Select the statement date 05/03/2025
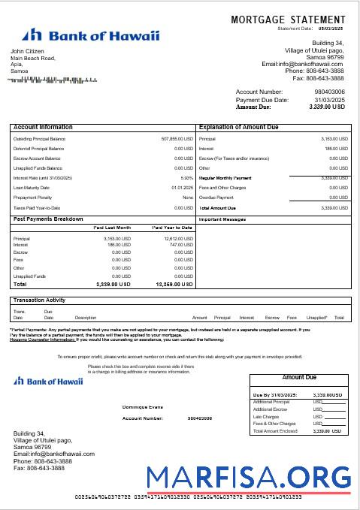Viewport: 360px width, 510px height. click(331, 29)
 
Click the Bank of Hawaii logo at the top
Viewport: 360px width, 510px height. click(90, 35)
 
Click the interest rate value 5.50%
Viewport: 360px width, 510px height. click(187, 178)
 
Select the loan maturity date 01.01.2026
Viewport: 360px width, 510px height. click(183, 188)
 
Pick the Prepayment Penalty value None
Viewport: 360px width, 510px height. click(187, 198)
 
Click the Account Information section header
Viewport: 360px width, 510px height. click(44, 128)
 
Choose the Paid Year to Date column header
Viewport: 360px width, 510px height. click(172, 227)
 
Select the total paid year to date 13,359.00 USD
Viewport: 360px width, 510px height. click(174, 264)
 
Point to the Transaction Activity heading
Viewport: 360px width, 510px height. click(40, 300)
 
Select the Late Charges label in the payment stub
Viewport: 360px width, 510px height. click(268, 416)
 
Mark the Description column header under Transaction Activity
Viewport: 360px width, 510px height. click(86, 318)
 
